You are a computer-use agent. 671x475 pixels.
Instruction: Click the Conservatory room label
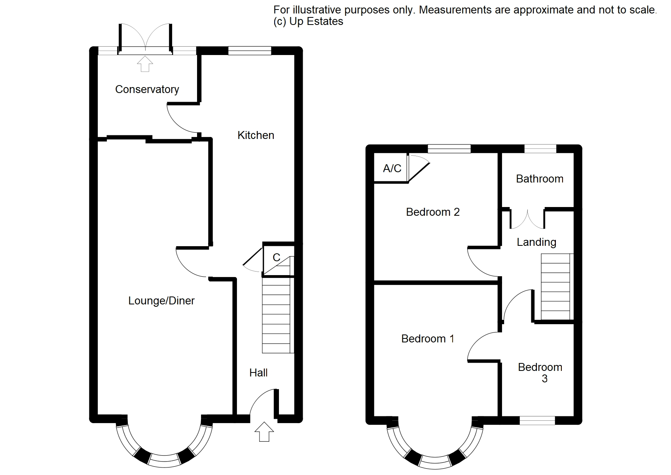(x=147, y=89)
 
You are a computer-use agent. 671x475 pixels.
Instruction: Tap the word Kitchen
(x=256, y=135)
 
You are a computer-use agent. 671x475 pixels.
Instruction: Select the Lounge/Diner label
(x=161, y=300)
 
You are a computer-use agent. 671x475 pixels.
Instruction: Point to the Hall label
(x=258, y=373)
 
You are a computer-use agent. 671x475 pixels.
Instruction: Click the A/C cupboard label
(x=392, y=168)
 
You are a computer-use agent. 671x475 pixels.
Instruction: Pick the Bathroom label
(x=540, y=179)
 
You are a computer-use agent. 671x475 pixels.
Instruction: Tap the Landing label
(x=536, y=242)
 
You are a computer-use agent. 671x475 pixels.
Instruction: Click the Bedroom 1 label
(x=428, y=339)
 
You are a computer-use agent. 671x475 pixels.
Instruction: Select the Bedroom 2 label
(x=433, y=212)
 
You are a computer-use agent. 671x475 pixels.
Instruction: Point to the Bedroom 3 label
(x=540, y=373)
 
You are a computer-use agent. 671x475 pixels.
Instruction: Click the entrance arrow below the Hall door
(x=264, y=431)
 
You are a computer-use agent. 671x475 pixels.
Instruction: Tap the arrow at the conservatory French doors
(x=145, y=64)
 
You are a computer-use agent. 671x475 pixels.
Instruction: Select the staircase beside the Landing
(x=557, y=287)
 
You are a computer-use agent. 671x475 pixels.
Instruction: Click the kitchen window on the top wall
(x=250, y=51)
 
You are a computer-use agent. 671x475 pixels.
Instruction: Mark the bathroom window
(x=540, y=149)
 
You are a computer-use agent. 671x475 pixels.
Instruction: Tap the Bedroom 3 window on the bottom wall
(x=537, y=420)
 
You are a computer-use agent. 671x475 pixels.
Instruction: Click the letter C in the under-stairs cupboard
(x=277, y=257)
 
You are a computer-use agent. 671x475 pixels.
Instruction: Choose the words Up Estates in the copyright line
(x=317, y=22)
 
